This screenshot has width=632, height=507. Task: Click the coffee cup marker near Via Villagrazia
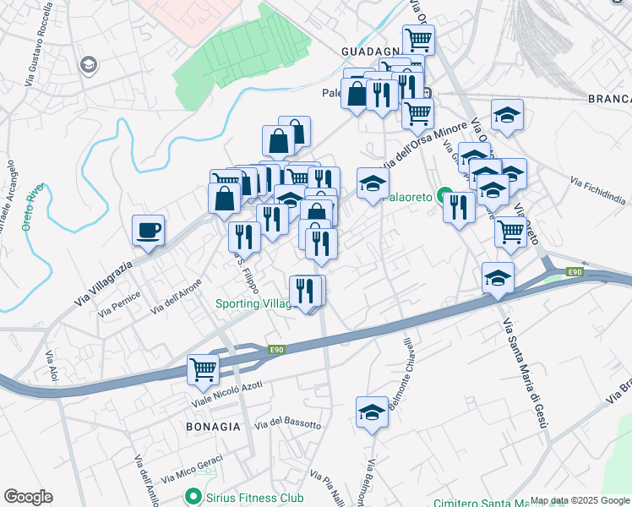148,230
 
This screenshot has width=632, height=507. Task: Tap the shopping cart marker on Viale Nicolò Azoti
203,368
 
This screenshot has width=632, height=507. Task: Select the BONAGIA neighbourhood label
214,427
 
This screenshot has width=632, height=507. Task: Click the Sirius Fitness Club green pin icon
194,497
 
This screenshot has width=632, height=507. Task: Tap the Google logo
28,497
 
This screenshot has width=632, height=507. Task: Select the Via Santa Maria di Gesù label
521,374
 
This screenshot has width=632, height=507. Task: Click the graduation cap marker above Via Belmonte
371,412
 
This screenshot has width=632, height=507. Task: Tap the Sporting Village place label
253,303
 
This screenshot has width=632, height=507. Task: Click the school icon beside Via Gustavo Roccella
87,64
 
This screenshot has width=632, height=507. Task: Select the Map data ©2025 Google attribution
580,500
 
